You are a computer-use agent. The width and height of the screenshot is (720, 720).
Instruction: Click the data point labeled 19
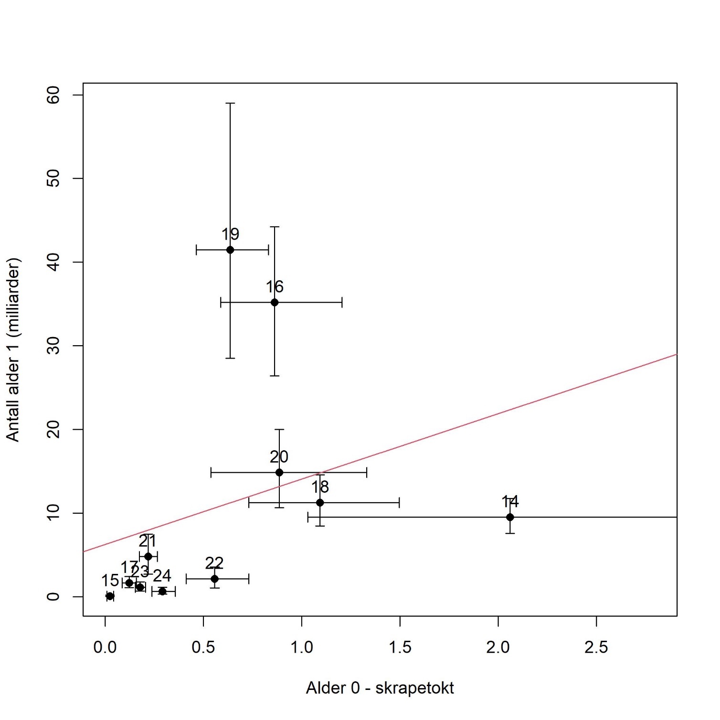coord(230,250)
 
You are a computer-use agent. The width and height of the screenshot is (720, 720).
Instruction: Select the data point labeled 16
coord(275,302)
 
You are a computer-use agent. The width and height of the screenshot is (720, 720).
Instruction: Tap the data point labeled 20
coord(279,473)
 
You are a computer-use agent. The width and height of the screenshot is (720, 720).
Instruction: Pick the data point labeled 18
coord(320,502)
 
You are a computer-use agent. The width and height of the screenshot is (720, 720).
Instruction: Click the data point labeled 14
coord(510,517)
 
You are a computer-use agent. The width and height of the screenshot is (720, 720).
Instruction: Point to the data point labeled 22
coord(214,579)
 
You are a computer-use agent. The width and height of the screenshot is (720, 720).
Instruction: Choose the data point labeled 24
coord(162,591)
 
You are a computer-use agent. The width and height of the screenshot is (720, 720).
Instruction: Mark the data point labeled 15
coord(110,596)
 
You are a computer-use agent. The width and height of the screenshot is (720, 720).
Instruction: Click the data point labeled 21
coord(148,556)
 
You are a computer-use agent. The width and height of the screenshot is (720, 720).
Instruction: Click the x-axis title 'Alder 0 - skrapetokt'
coord(380,688)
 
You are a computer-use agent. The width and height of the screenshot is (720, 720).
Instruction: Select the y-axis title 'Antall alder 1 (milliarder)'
coord(13,349)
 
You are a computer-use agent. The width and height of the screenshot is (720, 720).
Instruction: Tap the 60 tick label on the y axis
coord(53,95)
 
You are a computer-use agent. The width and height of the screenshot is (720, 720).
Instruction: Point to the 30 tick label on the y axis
coord(53,346)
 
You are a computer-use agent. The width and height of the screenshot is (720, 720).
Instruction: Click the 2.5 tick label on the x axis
coord(596,647)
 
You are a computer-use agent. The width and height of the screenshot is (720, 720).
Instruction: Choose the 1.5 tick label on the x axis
coord(400,647)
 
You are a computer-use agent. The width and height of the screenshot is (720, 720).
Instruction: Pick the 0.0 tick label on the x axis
coord(105,647)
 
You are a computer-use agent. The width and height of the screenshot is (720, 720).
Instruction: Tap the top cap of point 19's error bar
coord(230,103)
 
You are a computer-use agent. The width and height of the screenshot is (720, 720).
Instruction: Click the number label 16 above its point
coord(275,287)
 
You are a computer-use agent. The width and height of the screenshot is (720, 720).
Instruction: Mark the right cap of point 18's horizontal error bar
coord(399,502)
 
